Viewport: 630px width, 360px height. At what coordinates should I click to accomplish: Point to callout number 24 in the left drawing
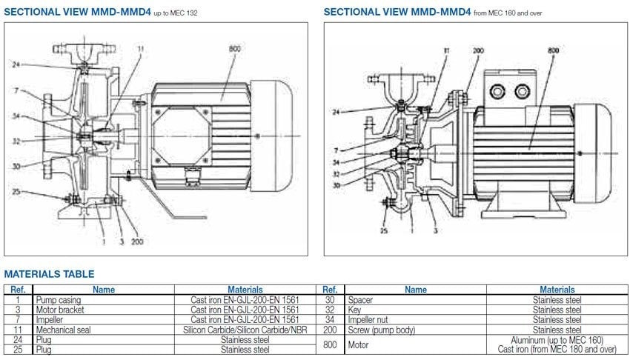pos(17,64)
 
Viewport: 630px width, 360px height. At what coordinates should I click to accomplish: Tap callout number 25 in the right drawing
pos(384,230)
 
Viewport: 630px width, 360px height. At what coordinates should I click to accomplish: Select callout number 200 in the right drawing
pos(478,50)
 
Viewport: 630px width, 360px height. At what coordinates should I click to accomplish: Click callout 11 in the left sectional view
pos(139,49)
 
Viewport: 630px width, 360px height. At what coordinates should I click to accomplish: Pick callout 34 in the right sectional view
pos(336,161)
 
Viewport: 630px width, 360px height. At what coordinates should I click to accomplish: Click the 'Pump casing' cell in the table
pos(53,300)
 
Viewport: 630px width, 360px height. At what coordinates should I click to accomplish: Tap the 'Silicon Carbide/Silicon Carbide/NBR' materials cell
pos(235,330)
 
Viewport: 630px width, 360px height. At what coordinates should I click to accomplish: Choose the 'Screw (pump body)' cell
pos(381,330)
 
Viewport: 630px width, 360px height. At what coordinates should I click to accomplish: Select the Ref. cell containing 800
pos(330,344)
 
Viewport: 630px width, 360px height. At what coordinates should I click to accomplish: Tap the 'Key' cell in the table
pos(354,310)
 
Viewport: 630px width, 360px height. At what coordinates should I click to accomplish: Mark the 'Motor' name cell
pos(358,344)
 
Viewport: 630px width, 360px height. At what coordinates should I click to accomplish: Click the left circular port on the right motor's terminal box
pos(496,90)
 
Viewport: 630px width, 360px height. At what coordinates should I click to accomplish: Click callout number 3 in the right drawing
pos(434,231)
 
